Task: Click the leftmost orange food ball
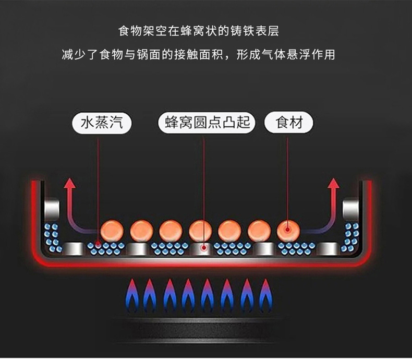click(113, 230)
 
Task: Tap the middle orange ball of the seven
click(200, 230)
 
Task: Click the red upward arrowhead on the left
click(69, 183)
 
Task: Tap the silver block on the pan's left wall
click(52, 210)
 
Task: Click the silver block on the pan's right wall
click(351, 210)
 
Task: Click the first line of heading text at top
click(199, 31)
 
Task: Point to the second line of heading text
click(199, 54)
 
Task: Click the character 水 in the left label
click(87, 123)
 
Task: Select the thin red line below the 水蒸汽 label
click(99, 183)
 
